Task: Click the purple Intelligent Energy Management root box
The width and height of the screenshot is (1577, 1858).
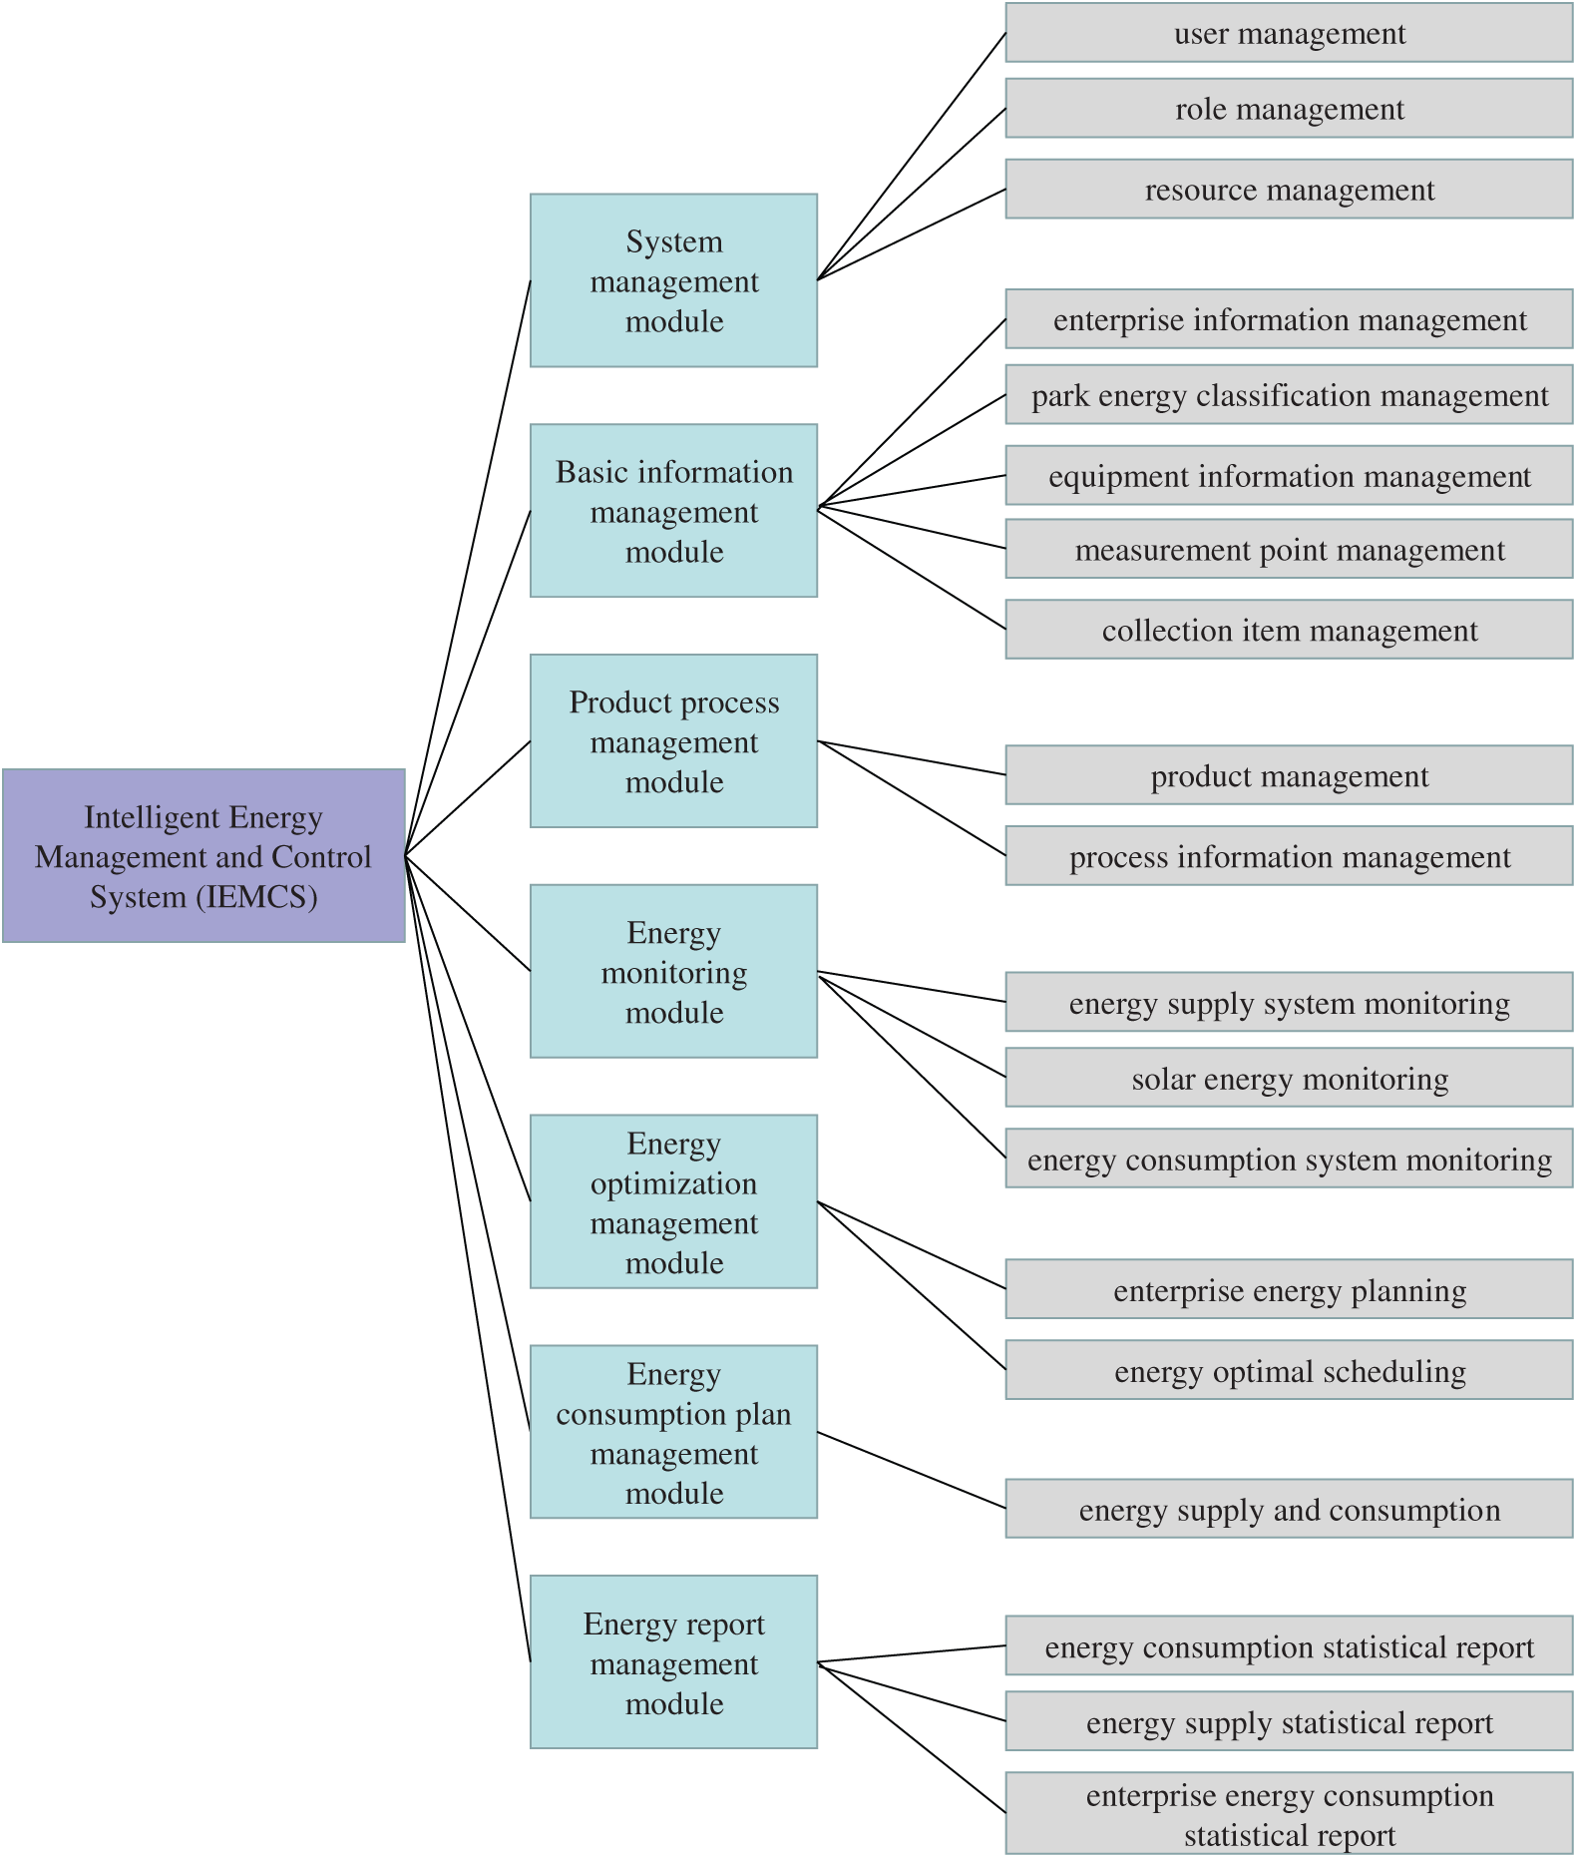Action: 203,855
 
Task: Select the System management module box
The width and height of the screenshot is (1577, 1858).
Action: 673,280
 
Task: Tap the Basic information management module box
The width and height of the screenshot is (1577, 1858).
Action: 673,511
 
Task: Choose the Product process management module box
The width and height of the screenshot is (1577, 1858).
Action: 673,740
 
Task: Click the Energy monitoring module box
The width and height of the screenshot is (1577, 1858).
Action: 673,971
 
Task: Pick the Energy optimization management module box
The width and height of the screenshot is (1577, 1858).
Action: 673,1201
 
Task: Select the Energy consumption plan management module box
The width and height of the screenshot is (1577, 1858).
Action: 673,1432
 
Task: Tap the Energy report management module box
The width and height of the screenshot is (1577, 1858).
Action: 673,1661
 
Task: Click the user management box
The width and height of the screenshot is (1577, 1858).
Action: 1289,33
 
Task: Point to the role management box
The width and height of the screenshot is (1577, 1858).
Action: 1289,108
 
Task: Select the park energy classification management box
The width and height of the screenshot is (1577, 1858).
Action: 1289,394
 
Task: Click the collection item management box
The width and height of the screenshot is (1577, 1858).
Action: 1289,630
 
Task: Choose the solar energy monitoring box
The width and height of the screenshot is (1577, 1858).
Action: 1289,1078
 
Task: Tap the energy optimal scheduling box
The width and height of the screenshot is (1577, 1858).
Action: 1289,1370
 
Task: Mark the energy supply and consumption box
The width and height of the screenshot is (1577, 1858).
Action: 1289,1509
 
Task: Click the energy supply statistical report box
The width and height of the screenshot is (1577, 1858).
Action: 1289,1721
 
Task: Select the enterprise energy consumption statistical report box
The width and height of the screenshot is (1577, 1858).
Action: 1289,1813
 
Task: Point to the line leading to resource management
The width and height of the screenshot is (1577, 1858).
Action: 912,234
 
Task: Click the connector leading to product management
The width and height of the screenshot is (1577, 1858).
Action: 912,757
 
